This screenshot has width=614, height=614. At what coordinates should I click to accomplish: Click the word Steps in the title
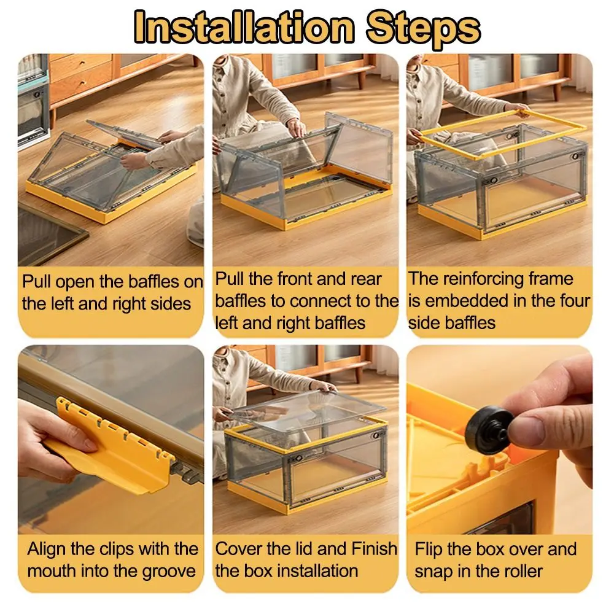pos(423,29)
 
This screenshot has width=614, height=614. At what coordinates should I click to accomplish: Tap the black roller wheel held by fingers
pos(489,430)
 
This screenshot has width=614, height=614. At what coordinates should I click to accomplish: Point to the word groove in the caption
pos(169,572)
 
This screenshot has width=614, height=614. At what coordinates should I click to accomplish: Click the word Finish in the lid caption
pos(374,549)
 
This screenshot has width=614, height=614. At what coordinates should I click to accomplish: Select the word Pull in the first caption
pos(36,282)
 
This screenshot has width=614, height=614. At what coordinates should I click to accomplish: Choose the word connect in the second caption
pos(319,301)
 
